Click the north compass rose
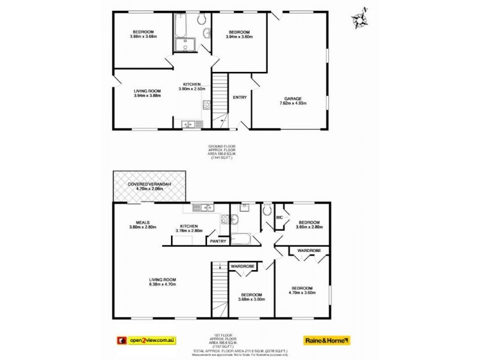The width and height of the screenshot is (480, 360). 361,19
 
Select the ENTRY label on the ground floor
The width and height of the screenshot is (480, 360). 239,97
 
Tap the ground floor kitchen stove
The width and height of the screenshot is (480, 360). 206,105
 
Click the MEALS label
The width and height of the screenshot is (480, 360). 142,222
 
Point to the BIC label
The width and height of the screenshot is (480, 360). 279,217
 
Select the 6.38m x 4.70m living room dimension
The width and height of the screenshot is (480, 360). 162,284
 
